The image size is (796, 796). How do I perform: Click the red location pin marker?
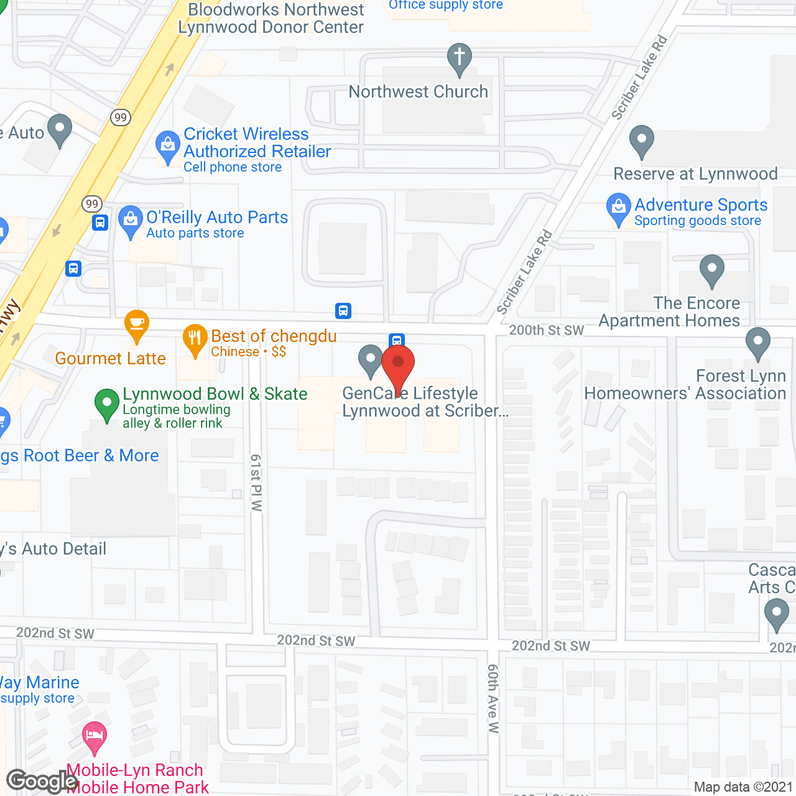click(x=398, y=364)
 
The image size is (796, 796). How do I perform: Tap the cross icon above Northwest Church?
click(x=460, y=58)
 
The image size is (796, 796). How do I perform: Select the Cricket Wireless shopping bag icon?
click(x=167, y=146)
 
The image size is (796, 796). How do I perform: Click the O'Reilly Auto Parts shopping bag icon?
click(x=130, y=220)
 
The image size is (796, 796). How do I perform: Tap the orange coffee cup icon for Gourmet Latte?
click(x=137, y=324)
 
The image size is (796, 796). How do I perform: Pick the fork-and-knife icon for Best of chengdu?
click(x=195, y=339)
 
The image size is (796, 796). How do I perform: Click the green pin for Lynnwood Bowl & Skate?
click(x=107, y=404)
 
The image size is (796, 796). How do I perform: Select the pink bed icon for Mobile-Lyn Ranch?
click(x=95, y=736)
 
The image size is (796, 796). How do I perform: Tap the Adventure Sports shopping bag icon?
click(x=619, y=208)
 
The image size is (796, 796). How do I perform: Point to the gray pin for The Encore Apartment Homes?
click(x=712, y=269)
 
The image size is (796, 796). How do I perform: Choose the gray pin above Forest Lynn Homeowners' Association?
click(x=758, y=342)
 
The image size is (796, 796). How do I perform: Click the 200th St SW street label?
click(x=547, y=330)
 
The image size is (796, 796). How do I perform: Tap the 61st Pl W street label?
click(x=256, y=483)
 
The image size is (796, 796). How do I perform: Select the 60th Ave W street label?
click(x=493, y=698)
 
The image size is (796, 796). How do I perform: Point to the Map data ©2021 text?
click(x=743, y=787)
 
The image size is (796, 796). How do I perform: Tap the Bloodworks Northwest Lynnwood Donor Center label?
click(x=271, y=19)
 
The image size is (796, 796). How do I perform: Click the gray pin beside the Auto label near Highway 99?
click(x=60, y=129)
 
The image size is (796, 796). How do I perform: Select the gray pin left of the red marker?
click(x=371, y=359)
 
